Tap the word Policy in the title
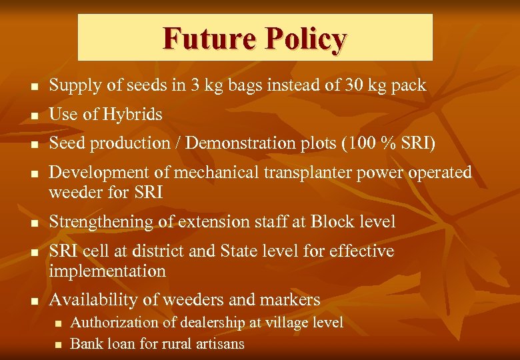point(305,40)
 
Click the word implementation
point(107,271)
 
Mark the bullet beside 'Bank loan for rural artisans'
point(58,345)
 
